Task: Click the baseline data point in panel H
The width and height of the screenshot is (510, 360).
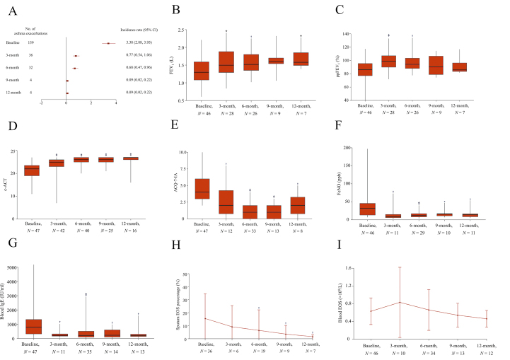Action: [204, 318]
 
